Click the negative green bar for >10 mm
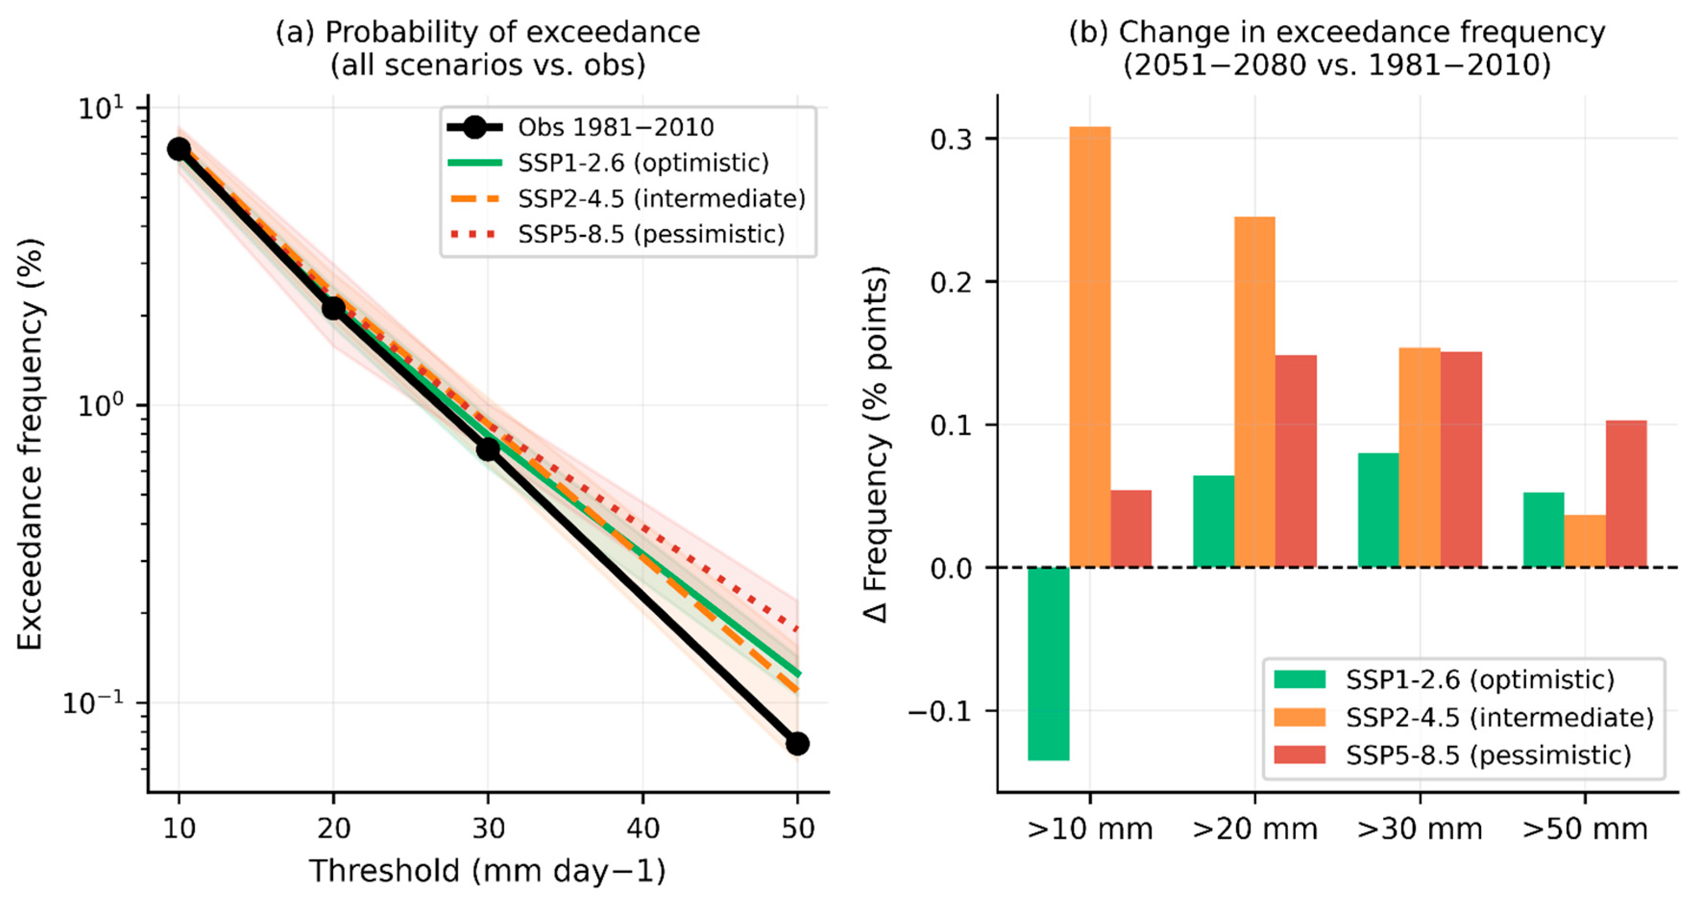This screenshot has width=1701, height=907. pos(1049,663)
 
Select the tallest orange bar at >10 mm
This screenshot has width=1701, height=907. pos(1090,346)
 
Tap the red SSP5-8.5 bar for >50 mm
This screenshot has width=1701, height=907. pos(1627,493)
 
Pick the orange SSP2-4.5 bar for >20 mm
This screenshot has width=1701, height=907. pos(1254,391)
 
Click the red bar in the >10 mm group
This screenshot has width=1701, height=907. pos(1131,528)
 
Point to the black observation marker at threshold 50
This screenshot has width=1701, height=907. pos(797,743)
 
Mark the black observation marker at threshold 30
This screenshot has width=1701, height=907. pos(488,449)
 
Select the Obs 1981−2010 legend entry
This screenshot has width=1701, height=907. pos(581,127)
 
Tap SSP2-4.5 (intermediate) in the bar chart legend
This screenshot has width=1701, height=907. pos(1463,717)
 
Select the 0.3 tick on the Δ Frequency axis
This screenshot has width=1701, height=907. pos(951,139)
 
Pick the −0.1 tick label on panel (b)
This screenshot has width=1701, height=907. pos(940,711)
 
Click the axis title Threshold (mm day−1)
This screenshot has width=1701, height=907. pos(487,870)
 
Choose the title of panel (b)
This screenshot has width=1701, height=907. pos(1337,48)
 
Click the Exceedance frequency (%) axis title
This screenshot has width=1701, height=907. pos(30,444)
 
